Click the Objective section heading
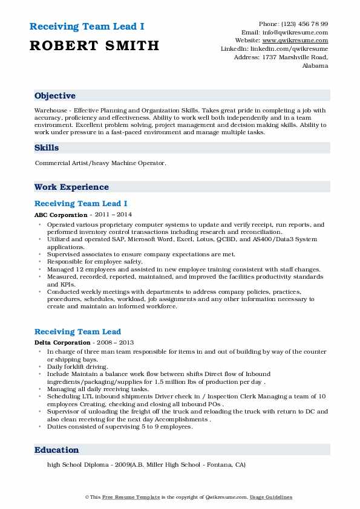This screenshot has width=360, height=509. tap(55, 96)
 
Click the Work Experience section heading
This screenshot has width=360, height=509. tap(71, 187)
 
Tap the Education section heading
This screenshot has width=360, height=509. tap(57, 450)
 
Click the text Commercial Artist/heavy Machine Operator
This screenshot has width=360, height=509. tap(99, 163)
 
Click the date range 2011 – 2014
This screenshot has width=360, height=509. tap(113, 215)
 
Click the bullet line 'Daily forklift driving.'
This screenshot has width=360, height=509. tap(77, 367)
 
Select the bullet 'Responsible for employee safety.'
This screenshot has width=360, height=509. tap(94, 262)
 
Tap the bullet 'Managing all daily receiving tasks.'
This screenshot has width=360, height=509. tap(97, 389)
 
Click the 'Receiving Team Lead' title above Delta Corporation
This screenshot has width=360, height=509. tap(77, 331)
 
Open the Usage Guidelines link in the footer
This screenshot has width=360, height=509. tap(271, 497)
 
